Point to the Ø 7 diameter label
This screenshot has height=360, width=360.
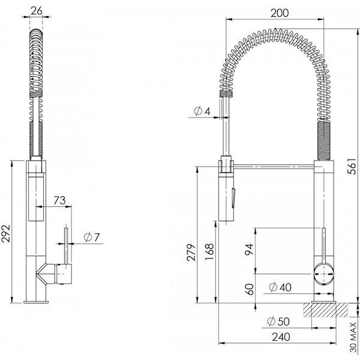tap(92, 237)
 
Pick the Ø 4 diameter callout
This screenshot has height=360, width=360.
tap(202, 111)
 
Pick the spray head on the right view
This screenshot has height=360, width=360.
tap(227, 192)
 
